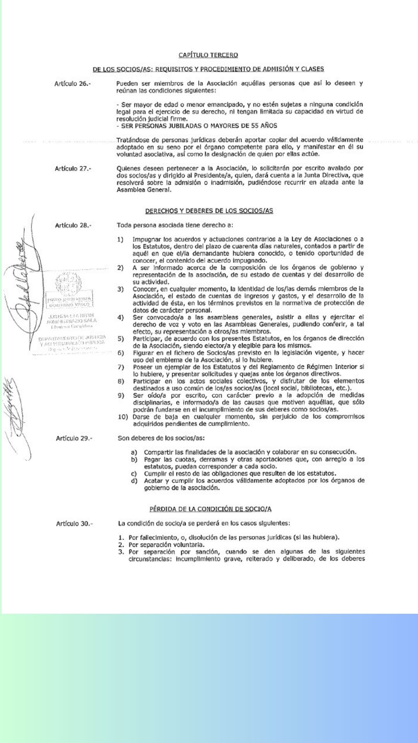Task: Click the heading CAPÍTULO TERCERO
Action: point(208,55)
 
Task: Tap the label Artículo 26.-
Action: point(72,84)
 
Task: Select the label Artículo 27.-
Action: point(73,168)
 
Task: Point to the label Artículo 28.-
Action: point(73,225)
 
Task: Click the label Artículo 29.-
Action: point(74,438)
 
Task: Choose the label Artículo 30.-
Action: point(74,524)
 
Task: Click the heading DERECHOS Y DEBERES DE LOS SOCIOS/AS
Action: point(209,211)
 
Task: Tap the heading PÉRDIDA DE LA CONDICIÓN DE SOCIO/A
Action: point(211,509)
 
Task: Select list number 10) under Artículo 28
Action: point(123,417)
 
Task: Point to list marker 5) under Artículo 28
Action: point(121,339)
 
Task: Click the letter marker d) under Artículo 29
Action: point(134,481)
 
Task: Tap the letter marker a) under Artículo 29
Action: point(134,452)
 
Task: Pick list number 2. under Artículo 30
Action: point(121,544)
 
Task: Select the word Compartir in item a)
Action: point(158,452)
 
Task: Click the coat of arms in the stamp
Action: point(69,282)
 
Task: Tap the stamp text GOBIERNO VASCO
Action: point(69,305)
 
